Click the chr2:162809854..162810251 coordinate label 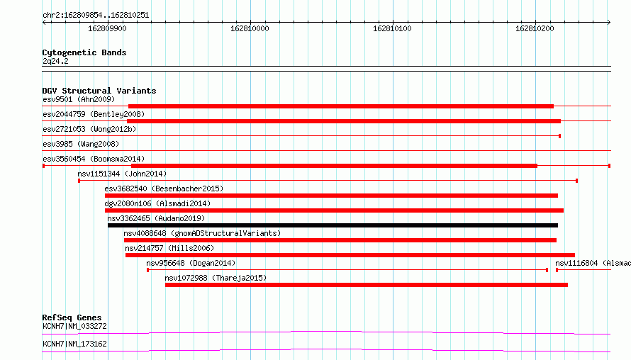point(96,15)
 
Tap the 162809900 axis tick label point(107,28)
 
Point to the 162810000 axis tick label point(250,28)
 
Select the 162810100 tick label point(392,28)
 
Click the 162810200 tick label point(535,28)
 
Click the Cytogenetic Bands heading point(84,52)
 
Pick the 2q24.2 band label point(55,61)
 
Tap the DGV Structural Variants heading point(99,91)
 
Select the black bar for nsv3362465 point(333,225)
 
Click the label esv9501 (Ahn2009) point(79,99)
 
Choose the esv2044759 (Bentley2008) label point(94,114)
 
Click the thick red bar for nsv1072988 point(367,285)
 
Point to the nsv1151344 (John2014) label point(122,174)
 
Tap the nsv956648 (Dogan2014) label point(191,263)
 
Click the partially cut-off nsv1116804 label point(593,263)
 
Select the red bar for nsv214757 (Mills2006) point(350,255)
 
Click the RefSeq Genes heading point(72,317)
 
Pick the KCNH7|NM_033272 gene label point(74,326)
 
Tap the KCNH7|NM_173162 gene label point(74,344)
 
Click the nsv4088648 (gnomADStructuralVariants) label point(202,233)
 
